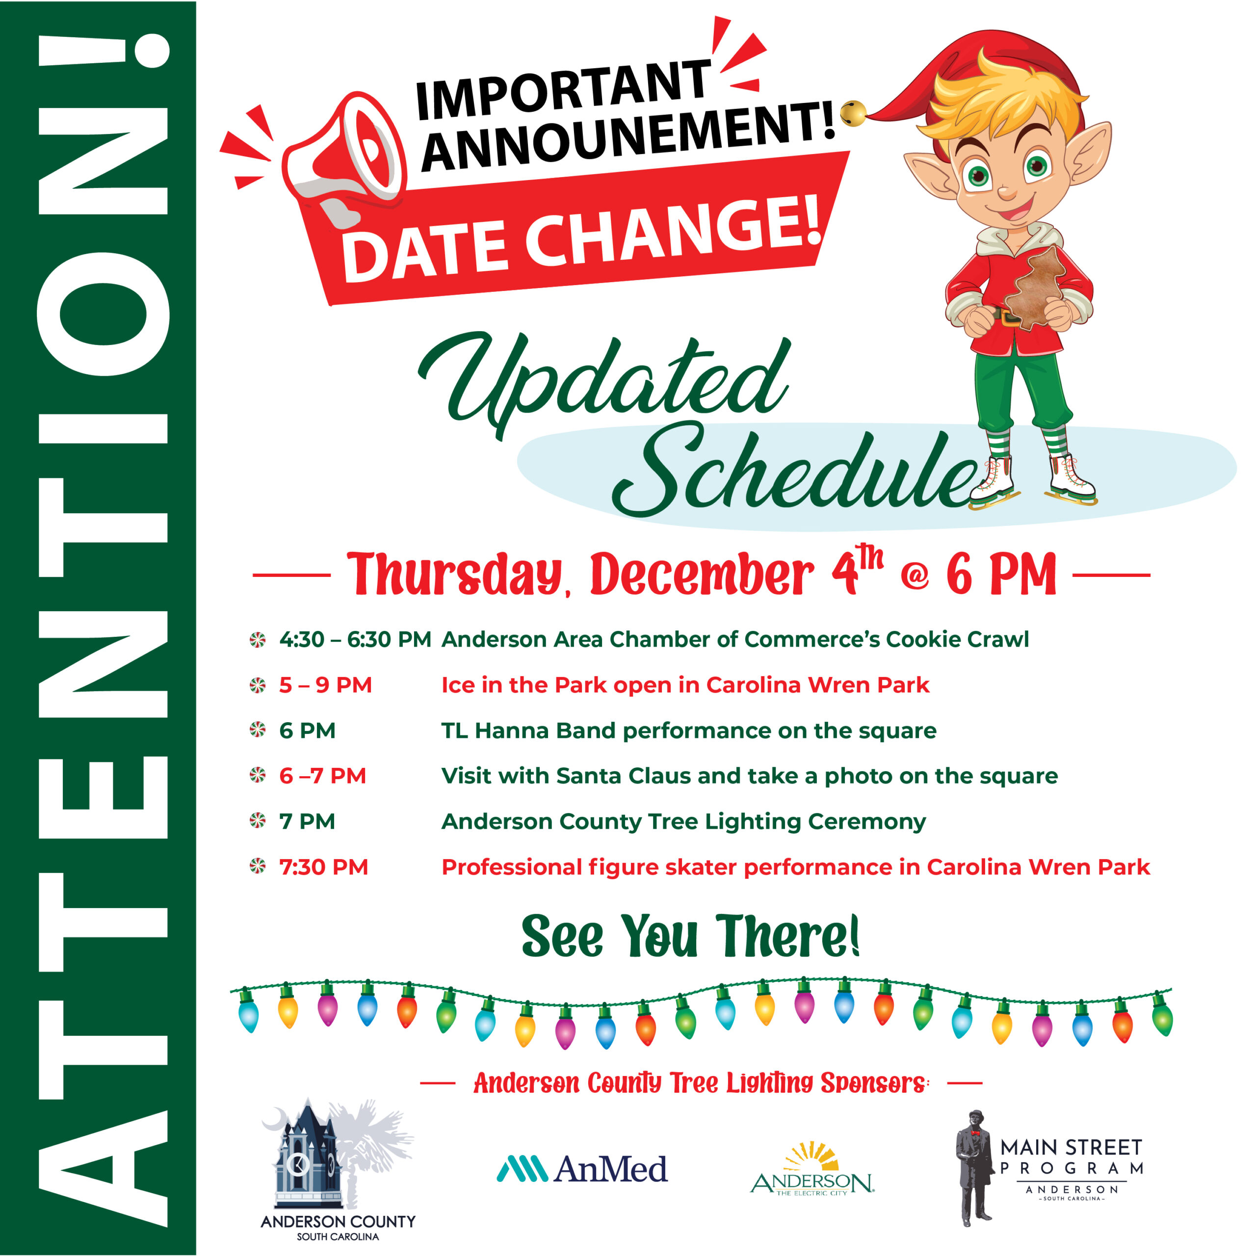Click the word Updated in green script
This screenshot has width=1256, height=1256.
604,384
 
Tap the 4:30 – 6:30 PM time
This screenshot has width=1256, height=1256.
355,640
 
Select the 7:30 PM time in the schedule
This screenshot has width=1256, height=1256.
324,867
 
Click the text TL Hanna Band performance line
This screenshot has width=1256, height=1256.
688,731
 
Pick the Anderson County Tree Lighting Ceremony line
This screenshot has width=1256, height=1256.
683,822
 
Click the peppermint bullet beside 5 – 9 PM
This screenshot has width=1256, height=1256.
258,685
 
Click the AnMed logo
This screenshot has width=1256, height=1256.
582,1168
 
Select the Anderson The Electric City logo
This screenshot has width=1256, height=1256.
812,1171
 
